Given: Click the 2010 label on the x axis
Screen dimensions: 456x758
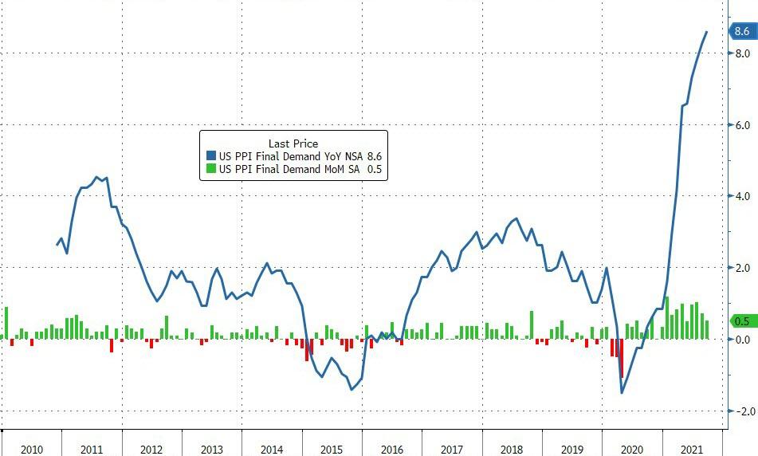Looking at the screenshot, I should pos(31,450).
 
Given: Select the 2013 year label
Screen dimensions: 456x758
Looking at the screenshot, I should pos(211,450).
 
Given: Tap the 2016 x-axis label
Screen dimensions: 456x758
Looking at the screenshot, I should pos(391,450).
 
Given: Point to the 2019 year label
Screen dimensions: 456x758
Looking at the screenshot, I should pos(571,450).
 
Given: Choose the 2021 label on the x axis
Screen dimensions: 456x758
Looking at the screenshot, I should pos(692,450).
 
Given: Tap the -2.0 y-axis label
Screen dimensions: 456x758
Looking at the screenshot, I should pos(743,411).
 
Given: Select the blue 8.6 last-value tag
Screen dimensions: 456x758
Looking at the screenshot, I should pos(741,32).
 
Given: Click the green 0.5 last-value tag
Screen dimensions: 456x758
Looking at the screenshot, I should pos(741,321).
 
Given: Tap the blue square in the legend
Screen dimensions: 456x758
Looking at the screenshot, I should pos(211,156).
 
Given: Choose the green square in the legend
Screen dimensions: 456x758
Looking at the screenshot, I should pos(211,169).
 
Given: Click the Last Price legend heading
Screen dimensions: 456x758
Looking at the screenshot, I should pos(293,143).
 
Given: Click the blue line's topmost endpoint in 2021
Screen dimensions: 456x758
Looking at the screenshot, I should pos(706,32).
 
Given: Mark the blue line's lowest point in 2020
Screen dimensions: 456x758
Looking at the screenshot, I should pos(622,392).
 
